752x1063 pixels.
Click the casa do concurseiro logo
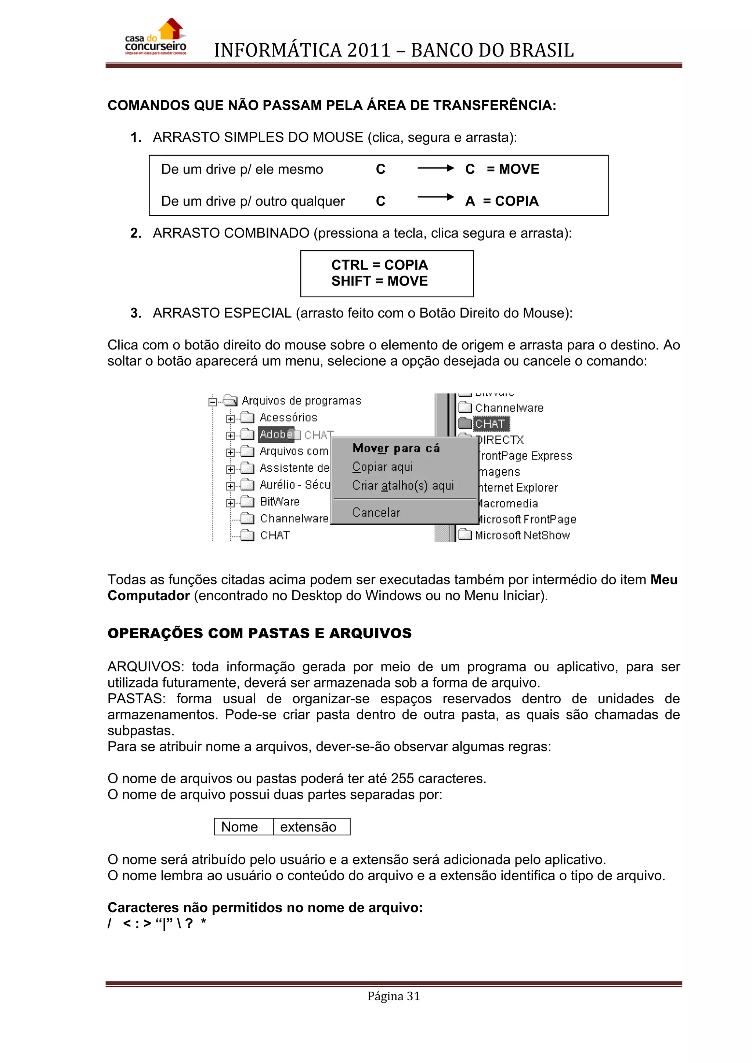[x=156, y=38]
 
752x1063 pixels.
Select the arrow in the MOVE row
[x=435, y=168]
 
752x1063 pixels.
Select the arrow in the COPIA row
[x=435, y=197]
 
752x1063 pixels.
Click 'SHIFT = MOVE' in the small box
[x=379, y=281]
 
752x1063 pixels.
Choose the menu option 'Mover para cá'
[x=396, y=448]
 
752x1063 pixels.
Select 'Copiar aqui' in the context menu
[x=383, y=467]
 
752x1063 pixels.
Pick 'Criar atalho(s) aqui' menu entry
[x=403, y=486]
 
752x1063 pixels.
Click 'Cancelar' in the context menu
[x=376, y=512]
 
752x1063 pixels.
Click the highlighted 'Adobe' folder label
[x=275, y=435]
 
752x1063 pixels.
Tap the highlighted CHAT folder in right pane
[x=490, y=424]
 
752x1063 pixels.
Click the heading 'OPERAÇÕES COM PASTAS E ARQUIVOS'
[x=259, y=633]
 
